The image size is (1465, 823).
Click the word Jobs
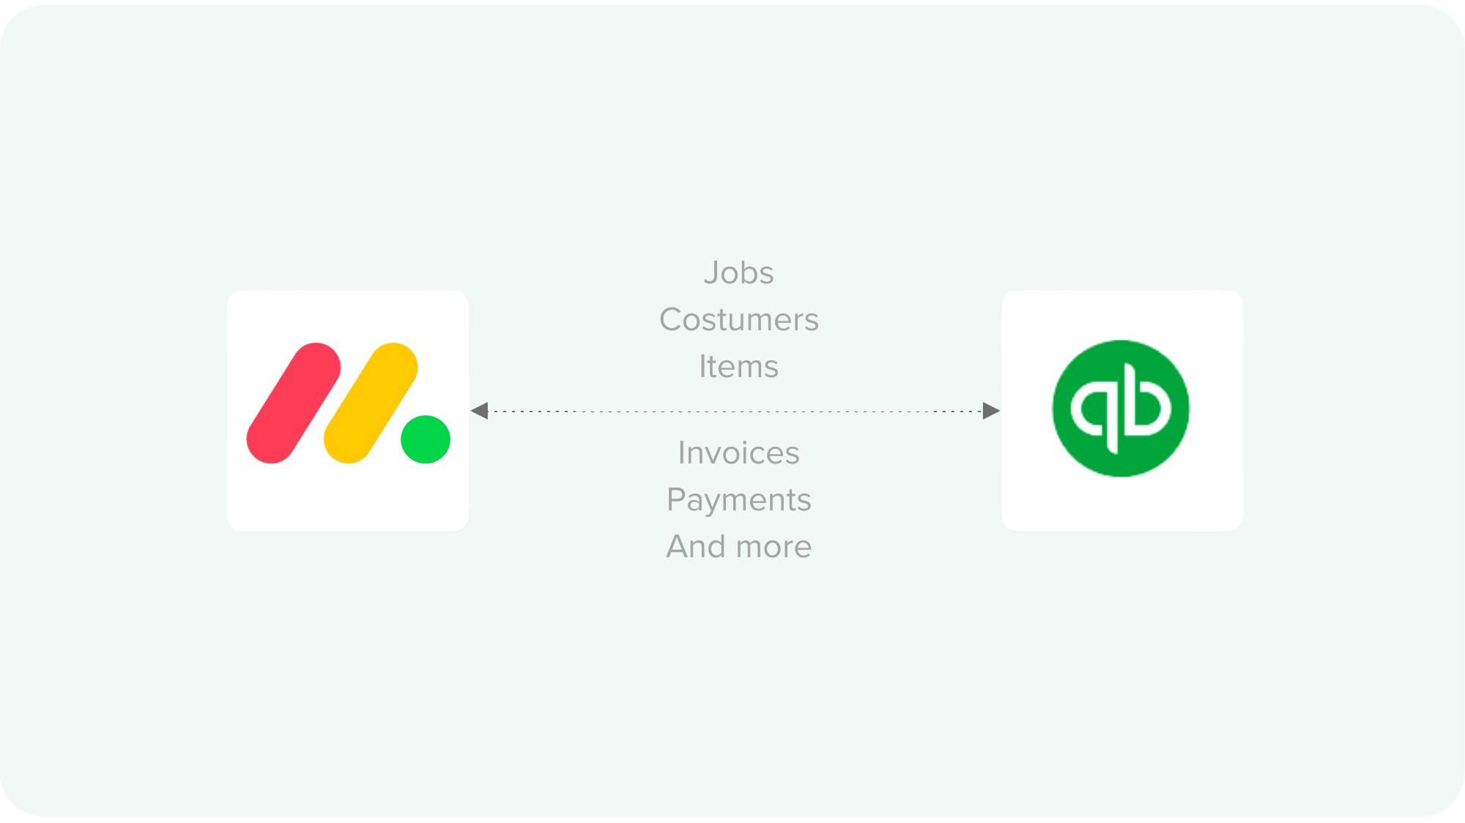738,273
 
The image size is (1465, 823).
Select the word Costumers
738,320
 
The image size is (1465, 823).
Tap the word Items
738,366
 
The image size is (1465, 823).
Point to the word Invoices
738,453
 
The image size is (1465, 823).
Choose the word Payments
738,500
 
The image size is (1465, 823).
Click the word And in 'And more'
695,546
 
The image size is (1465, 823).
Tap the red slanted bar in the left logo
293,403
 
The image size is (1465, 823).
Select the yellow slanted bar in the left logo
371,403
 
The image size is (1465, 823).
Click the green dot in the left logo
426,439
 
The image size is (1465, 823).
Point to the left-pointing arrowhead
480,411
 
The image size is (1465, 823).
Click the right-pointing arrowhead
991,411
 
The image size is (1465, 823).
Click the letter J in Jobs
711,273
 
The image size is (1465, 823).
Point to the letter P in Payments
675,500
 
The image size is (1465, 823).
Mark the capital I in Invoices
682,453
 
